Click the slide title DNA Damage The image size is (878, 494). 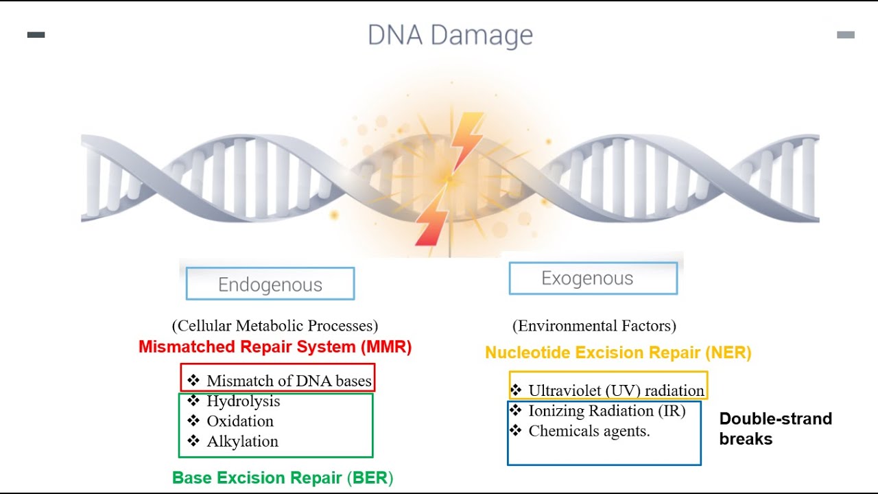point(450,36)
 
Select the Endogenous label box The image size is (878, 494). point(270,284)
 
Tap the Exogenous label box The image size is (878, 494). point(593,279)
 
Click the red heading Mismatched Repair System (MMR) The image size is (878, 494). point(275,347)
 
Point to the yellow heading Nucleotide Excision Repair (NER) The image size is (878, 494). point(618,353)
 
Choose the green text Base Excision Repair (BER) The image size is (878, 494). point(283,478)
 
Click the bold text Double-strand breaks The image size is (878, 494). point(775,429)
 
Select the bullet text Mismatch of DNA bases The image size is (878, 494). point(289,381)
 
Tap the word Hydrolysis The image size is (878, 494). point(243,401)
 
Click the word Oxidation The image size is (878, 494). point(240,421)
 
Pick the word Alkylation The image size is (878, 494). point(242,442)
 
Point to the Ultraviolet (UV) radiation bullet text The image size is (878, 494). point(616,391)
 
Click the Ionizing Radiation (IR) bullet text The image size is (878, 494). point(606,411)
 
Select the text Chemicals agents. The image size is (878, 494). point(589,432)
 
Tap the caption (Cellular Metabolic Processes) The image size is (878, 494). point(275,326)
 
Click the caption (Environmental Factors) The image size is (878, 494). point(594,326)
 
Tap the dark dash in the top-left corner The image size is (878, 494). point(36,35)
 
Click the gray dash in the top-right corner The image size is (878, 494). point(846,35)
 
